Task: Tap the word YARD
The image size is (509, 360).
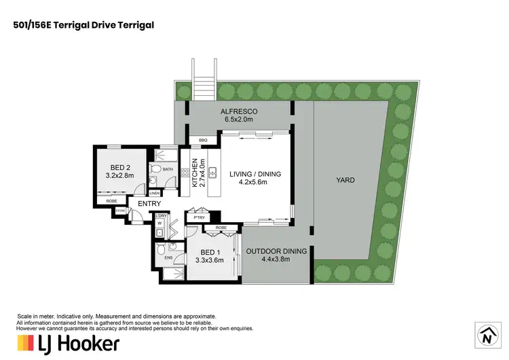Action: pos(345,181)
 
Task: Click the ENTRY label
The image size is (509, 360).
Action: pos(150,204)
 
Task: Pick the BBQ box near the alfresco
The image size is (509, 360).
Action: pos(202,141)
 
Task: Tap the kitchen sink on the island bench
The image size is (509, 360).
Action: pos(212,173)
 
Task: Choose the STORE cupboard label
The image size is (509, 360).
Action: pos(121,211)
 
